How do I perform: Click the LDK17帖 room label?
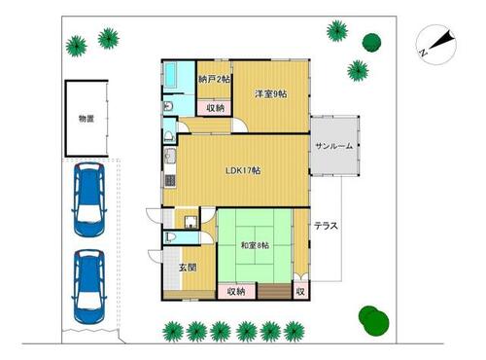(243, 170)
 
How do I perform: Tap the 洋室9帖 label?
(270, 94)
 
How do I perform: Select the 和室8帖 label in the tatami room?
(255, 245)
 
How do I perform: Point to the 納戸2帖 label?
(214, 79)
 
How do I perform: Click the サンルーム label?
(333, 146)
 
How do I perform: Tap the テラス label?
(326, 226)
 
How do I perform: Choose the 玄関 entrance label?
(188, 268)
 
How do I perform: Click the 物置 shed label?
(87, 119)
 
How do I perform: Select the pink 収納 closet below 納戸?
(214, 108)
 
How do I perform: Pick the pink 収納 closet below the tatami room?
(236, 291)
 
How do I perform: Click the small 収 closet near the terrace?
(300, 291)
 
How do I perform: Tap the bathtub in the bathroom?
(170, 75)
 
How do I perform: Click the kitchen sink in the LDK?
(169, 156)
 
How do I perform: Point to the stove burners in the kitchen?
(170, 181)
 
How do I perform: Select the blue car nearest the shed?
(89, 199)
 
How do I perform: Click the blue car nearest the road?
(89, 287)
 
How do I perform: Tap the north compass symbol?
(436, 45)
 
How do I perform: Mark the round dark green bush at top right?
(371, 42)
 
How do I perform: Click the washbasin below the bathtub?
(168, 106)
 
